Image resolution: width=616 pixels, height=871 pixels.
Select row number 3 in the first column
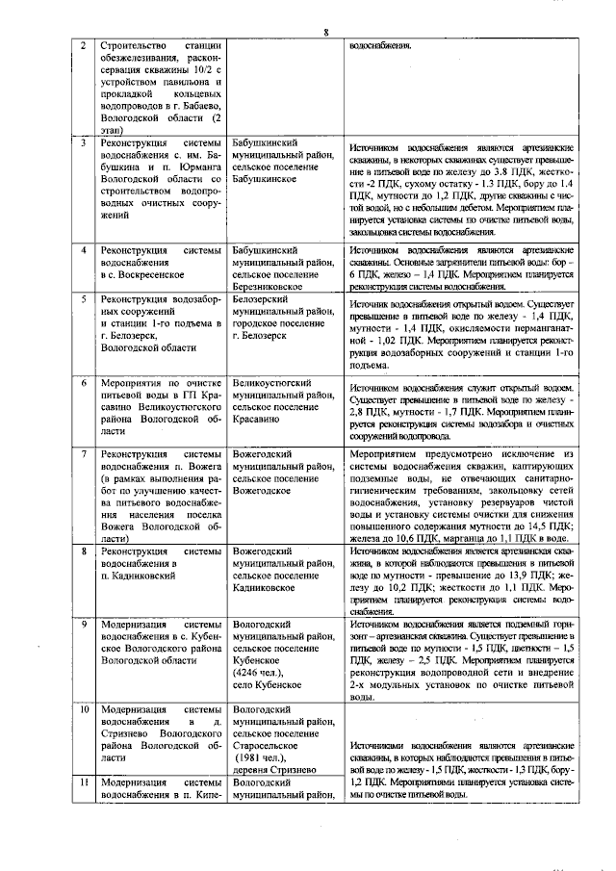pos(84,142)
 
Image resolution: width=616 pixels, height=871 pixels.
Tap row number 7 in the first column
pos(84,452)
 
